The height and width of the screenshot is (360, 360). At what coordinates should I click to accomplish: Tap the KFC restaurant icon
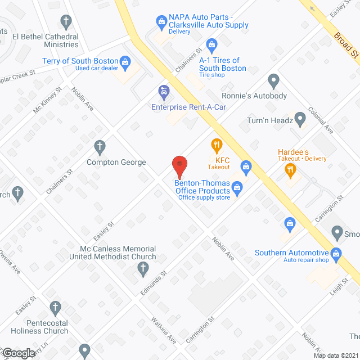coord(216,146)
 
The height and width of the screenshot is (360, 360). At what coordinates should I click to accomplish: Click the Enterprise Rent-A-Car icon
coord(163,91)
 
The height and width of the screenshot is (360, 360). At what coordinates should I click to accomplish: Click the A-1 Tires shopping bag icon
coord(211,44)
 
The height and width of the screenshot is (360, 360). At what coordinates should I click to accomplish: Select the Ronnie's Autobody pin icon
coord(273,80)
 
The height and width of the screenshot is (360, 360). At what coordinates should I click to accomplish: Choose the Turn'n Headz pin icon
coord(300,119)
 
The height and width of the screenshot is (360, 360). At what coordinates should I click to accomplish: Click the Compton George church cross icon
coord(100,147)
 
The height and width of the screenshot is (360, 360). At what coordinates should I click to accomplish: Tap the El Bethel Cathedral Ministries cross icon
coord(66,23)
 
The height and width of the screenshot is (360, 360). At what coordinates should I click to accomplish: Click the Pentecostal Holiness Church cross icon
coord(55,308)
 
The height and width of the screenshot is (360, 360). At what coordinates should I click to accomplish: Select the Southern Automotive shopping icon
coord(336,253)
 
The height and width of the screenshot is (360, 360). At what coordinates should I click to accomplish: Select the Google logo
coord(19,353)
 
